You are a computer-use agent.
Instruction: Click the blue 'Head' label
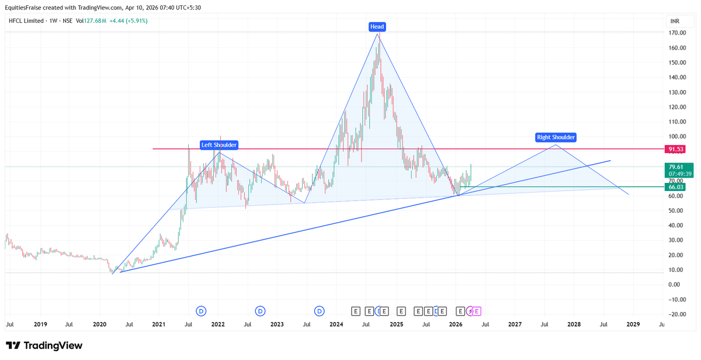coord(377,26)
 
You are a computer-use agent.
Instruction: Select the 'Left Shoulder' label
coord(219,145)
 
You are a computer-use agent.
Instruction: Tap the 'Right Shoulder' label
coord(556,137)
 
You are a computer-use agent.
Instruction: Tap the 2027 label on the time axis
coord(515,324)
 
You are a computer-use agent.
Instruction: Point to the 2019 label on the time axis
coord(40,324)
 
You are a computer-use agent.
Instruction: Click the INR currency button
coord(675,21)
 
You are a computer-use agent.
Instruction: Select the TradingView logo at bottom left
coord(44,345)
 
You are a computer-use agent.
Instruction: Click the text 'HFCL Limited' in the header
coord(27,21)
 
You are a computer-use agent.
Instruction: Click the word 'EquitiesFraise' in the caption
coord(26,7)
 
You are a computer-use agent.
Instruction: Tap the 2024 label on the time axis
coord(336,324)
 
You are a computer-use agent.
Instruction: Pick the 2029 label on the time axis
coord(633,324)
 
